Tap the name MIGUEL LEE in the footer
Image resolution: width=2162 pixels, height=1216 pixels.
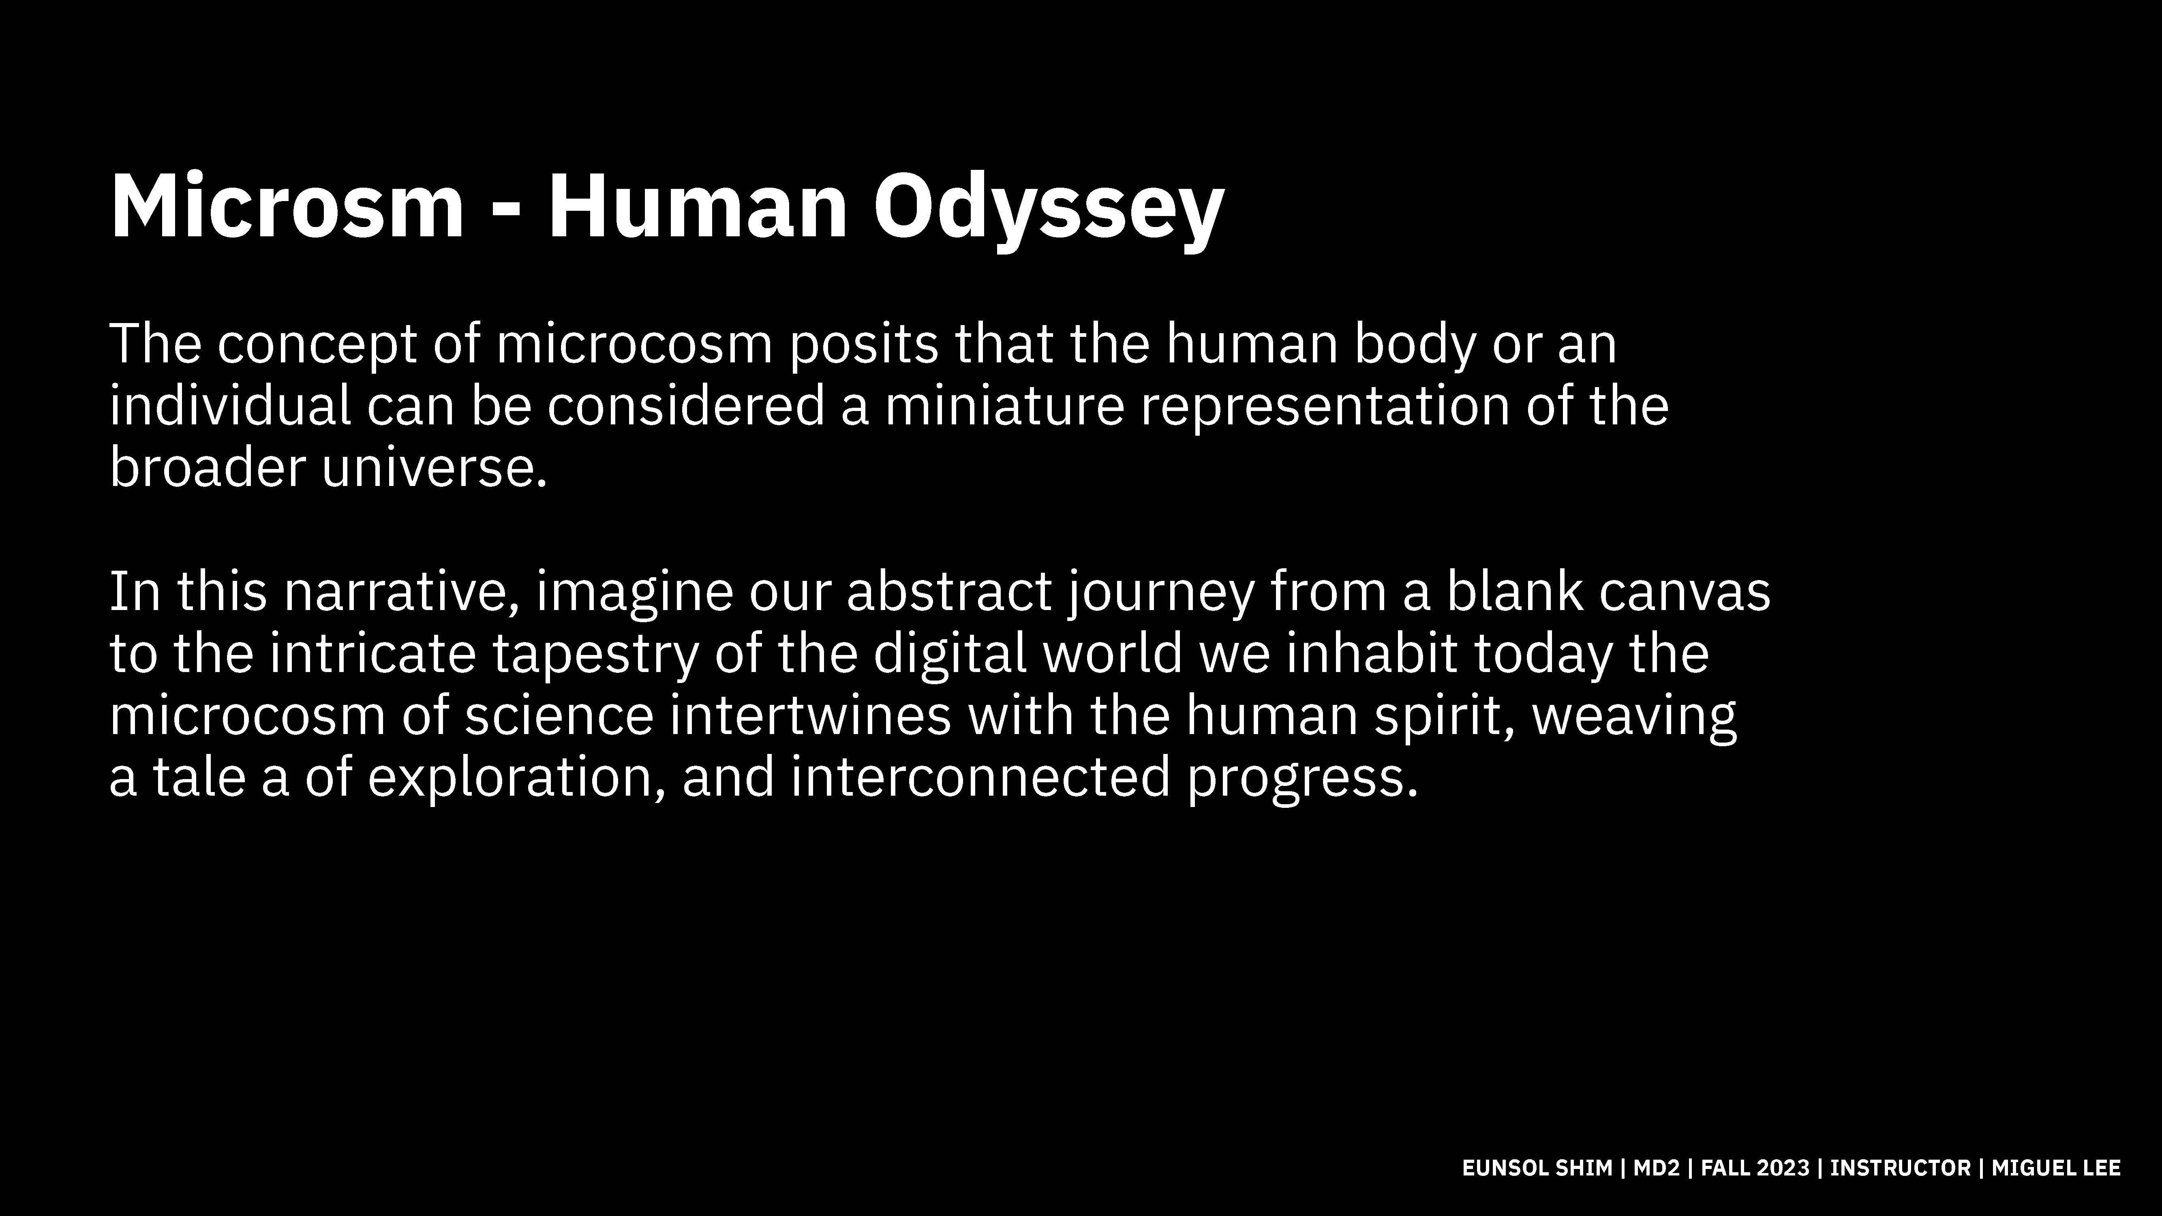coord(2056,1168)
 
